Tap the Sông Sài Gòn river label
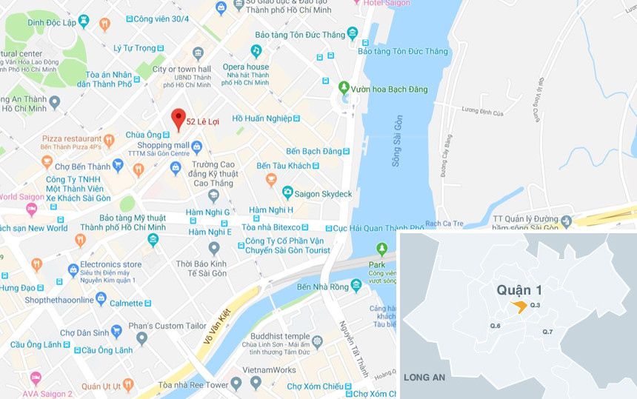point(397,141)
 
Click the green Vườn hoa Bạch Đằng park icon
point(344,88)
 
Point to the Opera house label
point(247,67)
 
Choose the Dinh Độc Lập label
point(52,22)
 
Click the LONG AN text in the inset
point(424,378)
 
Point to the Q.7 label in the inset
point(547,332)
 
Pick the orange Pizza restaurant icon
point(109,139)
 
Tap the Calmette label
point(126,303)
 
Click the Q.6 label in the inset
point(495,326)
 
